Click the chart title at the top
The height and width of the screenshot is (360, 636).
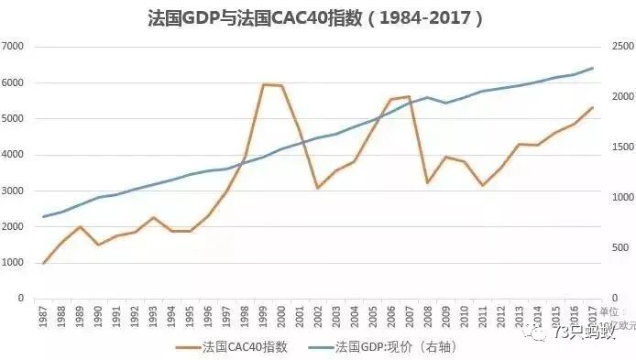315,17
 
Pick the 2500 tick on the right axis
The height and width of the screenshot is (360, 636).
620,47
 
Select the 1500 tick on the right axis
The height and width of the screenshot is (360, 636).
620,147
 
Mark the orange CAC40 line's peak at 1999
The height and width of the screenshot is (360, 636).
263,85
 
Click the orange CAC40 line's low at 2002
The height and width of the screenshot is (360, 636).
318,188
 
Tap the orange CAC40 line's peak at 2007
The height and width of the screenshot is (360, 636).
409,96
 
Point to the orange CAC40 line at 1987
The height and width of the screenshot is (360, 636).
44,263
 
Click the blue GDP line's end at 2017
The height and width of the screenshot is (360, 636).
592,68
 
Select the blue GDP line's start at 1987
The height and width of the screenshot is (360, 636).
44,217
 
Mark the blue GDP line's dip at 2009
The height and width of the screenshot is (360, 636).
445,103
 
